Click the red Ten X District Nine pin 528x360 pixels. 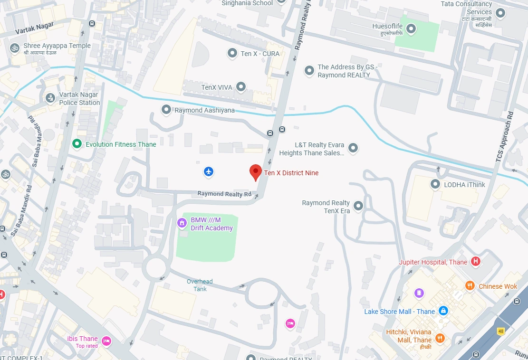click(256, 172)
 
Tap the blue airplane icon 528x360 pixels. click(209, 171)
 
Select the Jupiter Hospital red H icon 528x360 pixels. click(475, 262)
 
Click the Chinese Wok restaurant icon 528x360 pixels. click(470, 286)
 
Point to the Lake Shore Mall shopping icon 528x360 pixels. click(443, 311)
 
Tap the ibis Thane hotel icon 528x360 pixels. click(106, 341)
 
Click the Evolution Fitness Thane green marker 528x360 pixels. click(76, 143)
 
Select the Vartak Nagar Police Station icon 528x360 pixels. click(49, 98)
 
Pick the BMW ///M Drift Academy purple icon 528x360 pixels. click(182, 223)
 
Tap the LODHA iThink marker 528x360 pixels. click(435, 184)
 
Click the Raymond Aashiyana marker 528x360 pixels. click(166, 110)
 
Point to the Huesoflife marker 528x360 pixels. click(412, 29)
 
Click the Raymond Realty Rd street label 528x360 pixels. click(224, 194)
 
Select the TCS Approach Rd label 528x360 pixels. click(505, 138)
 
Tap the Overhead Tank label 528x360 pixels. click(200, 285)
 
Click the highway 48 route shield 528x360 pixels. click(500, 331)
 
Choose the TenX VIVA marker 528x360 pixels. click(241, 87)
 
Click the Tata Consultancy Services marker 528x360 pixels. click(499, 12)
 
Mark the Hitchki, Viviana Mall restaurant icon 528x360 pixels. click(440, 338)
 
